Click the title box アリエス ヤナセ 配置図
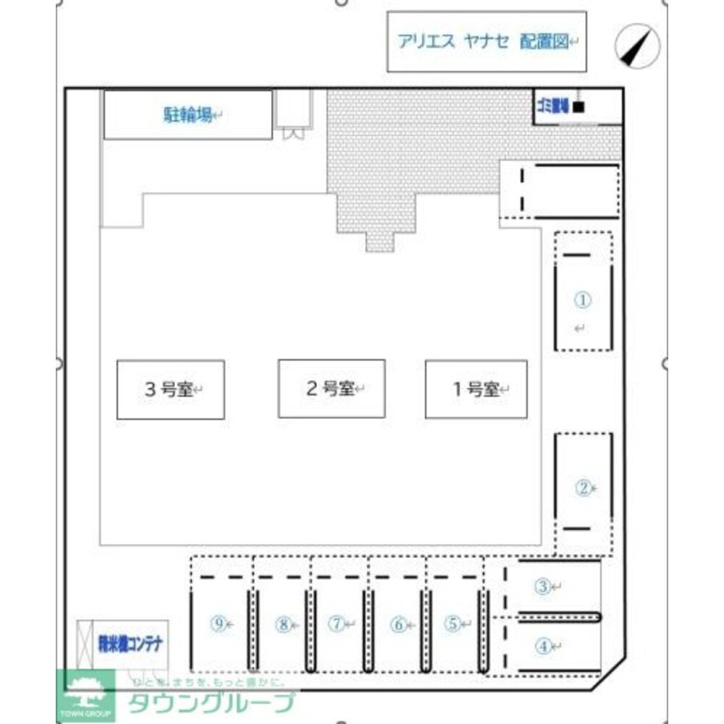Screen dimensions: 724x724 coord(486,41)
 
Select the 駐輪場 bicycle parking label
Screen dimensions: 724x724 coord(187,114)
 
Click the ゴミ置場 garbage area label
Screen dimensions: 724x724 coord(552,107)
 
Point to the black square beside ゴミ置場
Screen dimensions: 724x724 coord(578,108)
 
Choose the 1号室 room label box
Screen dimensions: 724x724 coord(476,390)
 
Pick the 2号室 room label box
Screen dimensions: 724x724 coord(331,389)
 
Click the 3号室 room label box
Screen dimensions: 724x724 coord(170,390)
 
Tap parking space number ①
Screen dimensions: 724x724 coord(584,299)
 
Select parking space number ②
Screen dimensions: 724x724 coord(584,488)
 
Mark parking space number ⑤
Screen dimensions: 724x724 coord(452,623)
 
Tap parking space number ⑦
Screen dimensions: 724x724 coord(337,623)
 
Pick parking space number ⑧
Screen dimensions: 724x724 coord(283,623)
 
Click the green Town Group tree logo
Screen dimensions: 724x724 coord(85,694)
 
